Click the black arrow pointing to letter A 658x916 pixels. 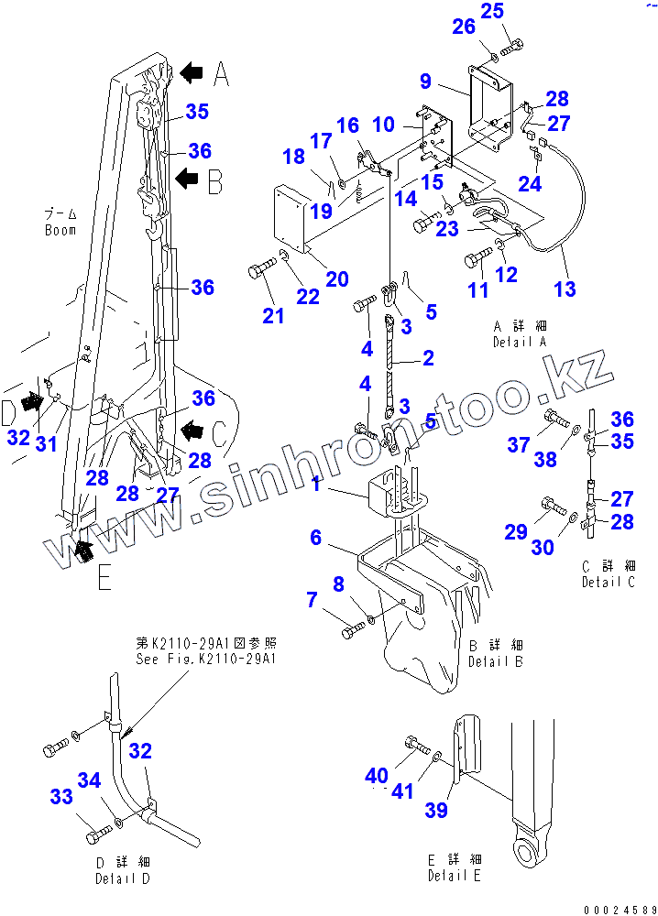(x=191, y=72)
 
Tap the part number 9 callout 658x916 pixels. (x=425, y=82)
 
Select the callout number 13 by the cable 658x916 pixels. (x=565, y=289)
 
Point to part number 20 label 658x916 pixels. (x=336, y=279)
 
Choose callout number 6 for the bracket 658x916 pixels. (x=316, y=538)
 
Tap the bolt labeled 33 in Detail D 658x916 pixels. (x=97, y=836)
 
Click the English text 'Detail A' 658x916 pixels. (x=519, y=342)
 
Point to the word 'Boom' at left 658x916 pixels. (x=60, y=230)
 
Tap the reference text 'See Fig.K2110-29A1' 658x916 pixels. (x=206, y=659)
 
